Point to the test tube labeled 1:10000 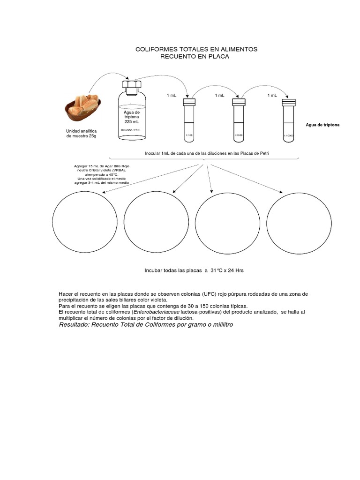[289, 120]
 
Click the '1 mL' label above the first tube [172, 95]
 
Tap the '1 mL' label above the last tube [272, 95]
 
